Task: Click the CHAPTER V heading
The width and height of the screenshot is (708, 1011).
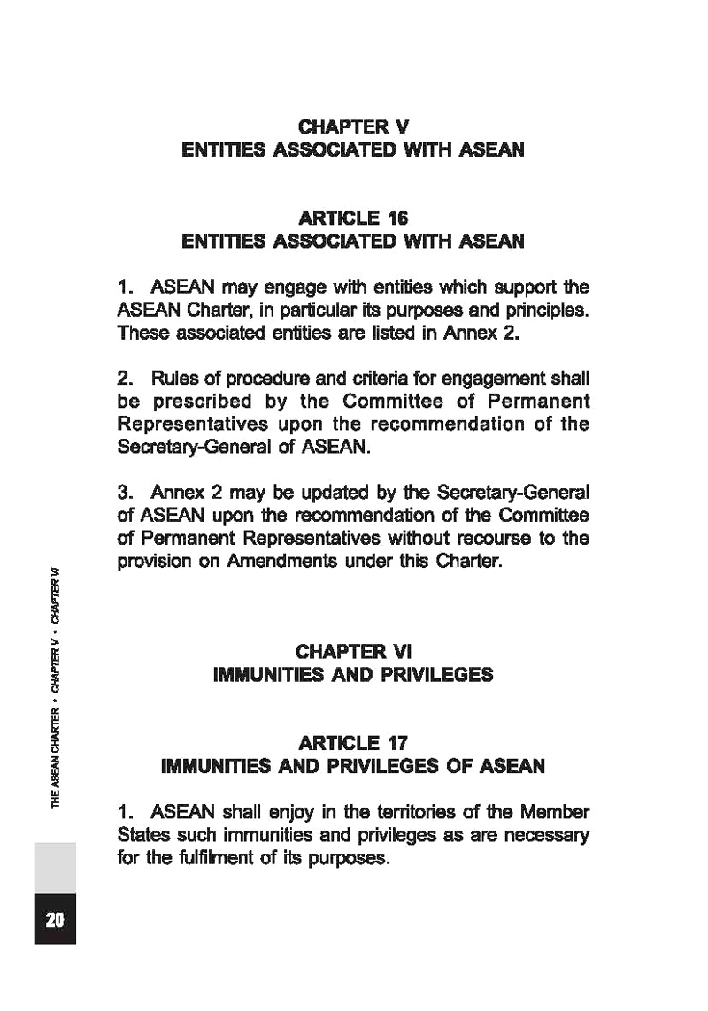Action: pyautogui.click(x=353, y=127)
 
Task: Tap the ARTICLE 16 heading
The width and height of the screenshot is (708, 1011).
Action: pyautogui.click(x=353, y=218)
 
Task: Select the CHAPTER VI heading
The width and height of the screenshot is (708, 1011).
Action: pyautogui.click(x=353, y=652)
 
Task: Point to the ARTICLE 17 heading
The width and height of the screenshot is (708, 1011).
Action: pyautogui.click(x=353, y=742)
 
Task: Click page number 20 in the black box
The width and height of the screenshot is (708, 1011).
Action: pyautogui.click(x=55, y=919)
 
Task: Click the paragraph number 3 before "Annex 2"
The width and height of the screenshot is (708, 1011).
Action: pyautogui.click(x=123, y=491)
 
